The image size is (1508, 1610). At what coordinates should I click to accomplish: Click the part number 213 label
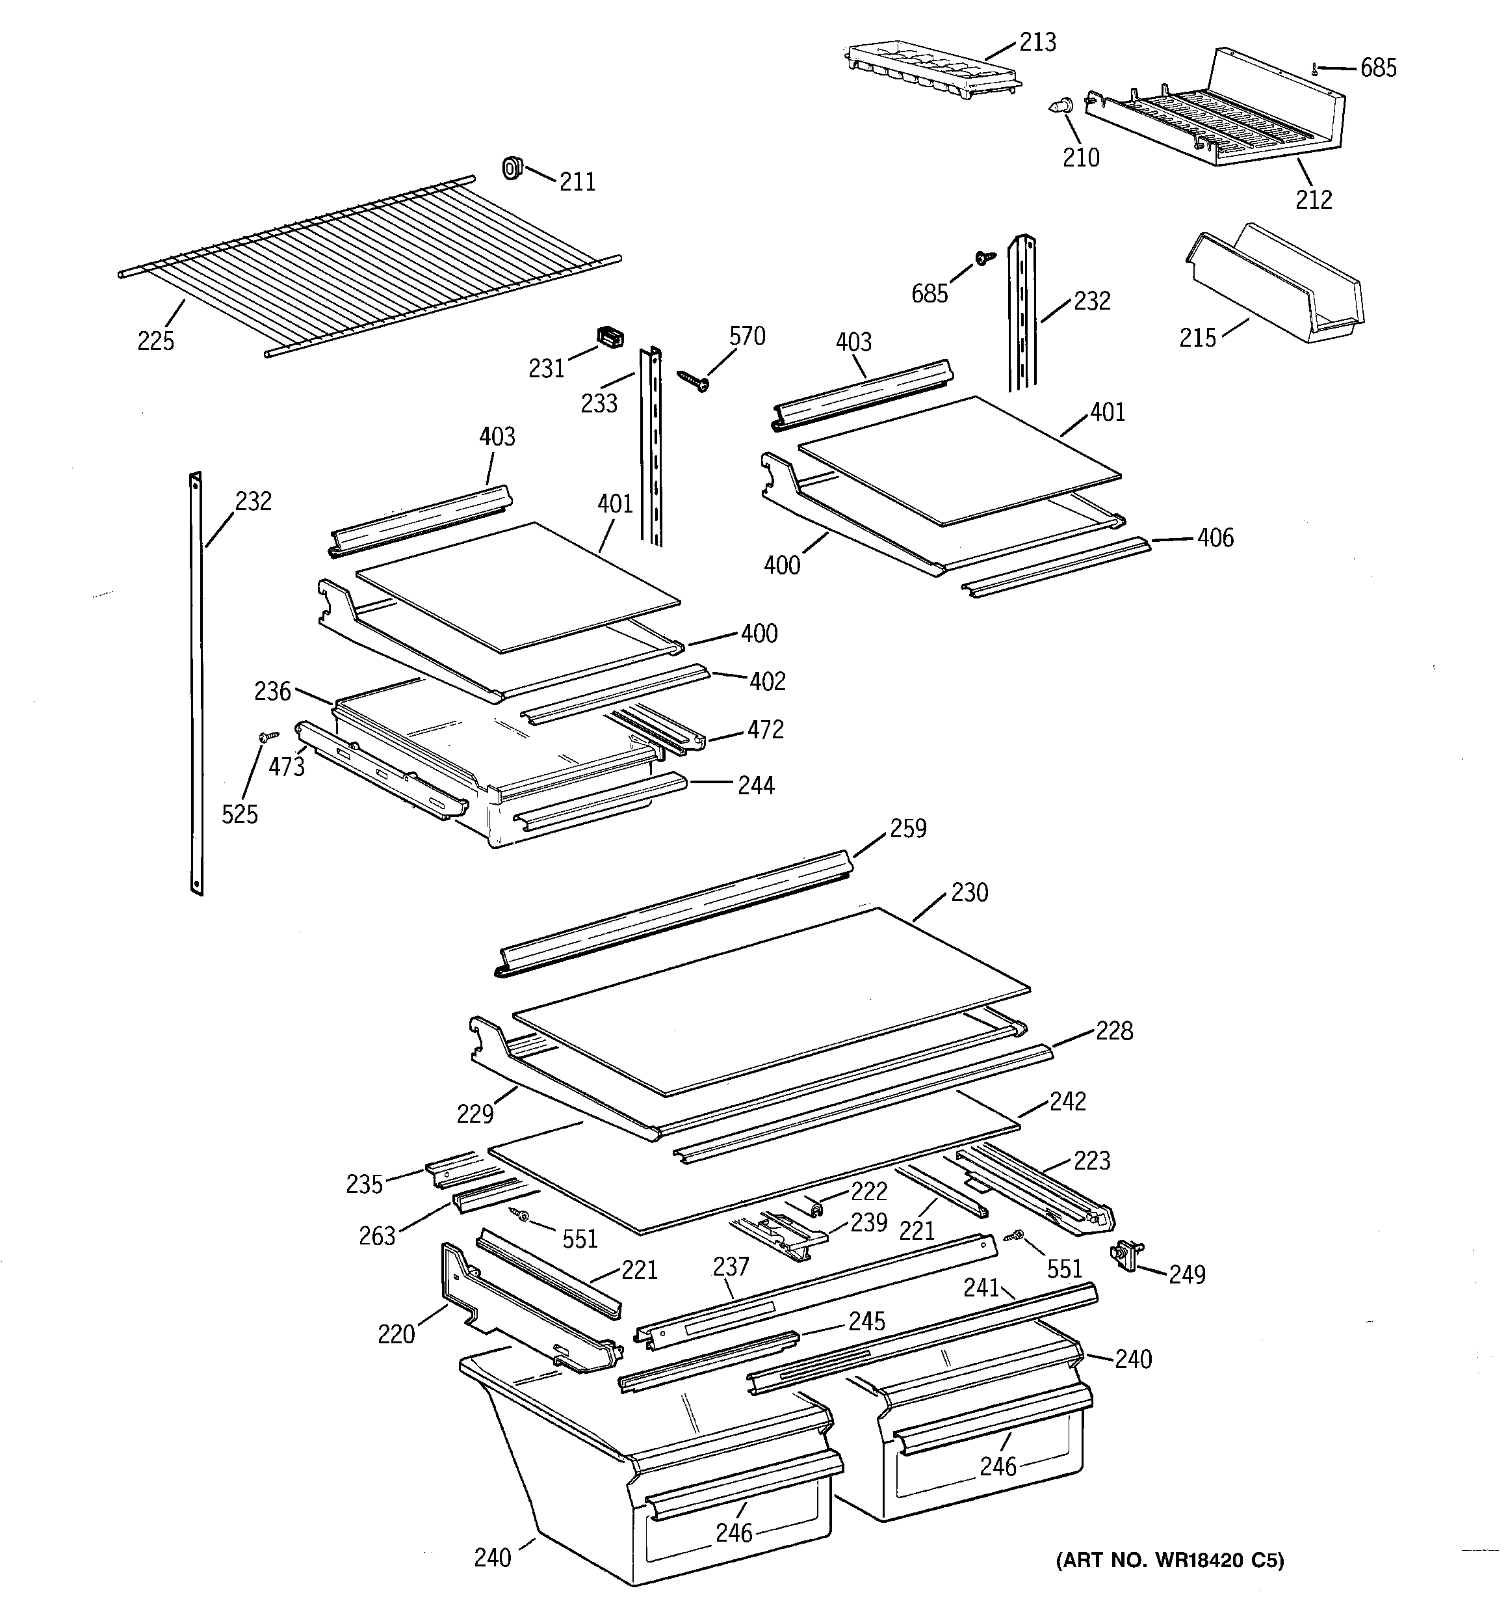[x=1037, y=42]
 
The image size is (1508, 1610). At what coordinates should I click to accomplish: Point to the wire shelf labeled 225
[x=364, y=259]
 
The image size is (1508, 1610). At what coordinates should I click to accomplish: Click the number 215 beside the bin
[x=1197, y=338]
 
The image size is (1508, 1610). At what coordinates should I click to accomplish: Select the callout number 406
[x=1215, y=538]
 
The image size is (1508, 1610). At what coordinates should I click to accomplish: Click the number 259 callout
[x=907, y=829]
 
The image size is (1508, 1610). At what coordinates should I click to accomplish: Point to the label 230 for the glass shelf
[x=969, y=892]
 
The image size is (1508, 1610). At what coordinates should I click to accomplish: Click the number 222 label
[x=868, y=1190]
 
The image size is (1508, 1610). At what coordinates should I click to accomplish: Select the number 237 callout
[x=731, y=1266]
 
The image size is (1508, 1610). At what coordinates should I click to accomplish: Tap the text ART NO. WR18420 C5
[x=1169, y=1560]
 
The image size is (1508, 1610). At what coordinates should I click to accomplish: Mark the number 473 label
[x=287, y=766]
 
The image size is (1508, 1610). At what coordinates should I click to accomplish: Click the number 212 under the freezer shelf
[x=1313, y=199]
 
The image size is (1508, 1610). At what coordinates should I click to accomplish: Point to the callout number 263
[x=377, y=1236]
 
